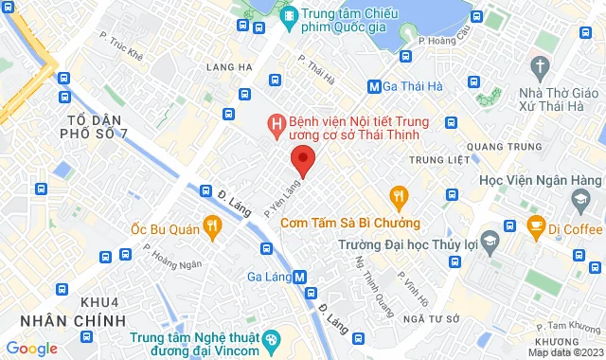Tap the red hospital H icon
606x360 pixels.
[276, 123]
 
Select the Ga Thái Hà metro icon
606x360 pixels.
[374, 87]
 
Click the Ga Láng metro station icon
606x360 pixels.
[300, 277]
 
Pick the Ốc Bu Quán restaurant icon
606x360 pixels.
[212, 227]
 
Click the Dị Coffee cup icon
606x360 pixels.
[536, 227]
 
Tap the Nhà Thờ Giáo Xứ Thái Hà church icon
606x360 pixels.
[541, 67]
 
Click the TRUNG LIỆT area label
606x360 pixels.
[439, 159]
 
